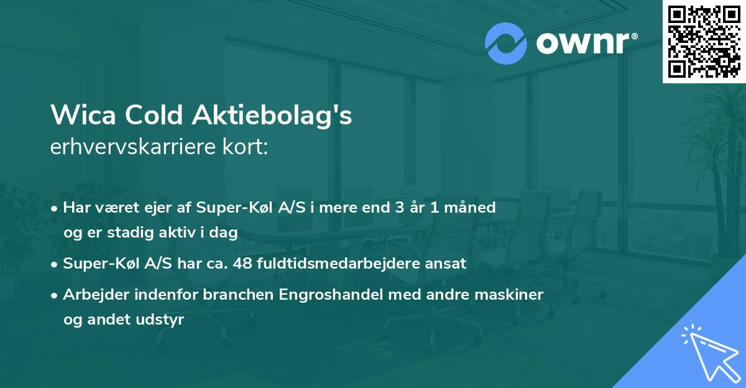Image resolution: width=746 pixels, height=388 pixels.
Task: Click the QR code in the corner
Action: [x=703, y=41]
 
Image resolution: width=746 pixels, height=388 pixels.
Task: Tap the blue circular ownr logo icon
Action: [x=506, y=43]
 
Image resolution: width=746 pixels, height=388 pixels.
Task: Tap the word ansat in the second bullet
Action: [x=445, y=263]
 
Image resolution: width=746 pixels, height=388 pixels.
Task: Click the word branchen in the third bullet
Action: [x=229, y=294]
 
